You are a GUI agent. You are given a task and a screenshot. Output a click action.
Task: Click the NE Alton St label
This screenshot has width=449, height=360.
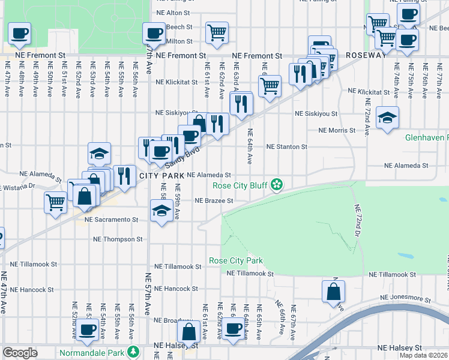click(x=172, y=12)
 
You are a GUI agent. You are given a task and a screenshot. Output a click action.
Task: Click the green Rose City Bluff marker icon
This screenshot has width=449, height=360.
click(x=276, y=185)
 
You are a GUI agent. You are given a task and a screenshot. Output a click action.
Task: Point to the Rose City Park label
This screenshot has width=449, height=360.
click(x=236, y=261)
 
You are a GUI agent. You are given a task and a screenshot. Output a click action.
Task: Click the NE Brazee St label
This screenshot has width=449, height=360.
click(x=214, y=201)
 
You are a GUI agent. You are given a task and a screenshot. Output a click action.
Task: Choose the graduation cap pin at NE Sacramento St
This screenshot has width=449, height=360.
click(x=161, y=212)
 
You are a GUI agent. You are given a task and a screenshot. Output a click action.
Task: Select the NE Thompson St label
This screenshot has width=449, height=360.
click(x=118, y=239)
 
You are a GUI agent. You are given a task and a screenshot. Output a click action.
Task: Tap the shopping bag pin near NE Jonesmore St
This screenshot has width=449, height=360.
click(x=333, y=292)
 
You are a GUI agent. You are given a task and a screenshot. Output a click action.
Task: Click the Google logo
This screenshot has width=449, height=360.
click(x=20, y=353)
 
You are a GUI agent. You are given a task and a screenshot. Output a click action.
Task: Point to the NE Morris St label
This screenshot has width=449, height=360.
click(x=337, y=130)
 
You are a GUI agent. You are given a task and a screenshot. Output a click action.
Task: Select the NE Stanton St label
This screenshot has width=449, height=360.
click(x=287, y=146)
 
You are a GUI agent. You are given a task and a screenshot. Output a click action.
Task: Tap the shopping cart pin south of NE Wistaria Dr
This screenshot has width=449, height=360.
click(x=55, y=202)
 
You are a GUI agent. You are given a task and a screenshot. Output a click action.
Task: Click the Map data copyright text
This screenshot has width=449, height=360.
click(x=423, y=355)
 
